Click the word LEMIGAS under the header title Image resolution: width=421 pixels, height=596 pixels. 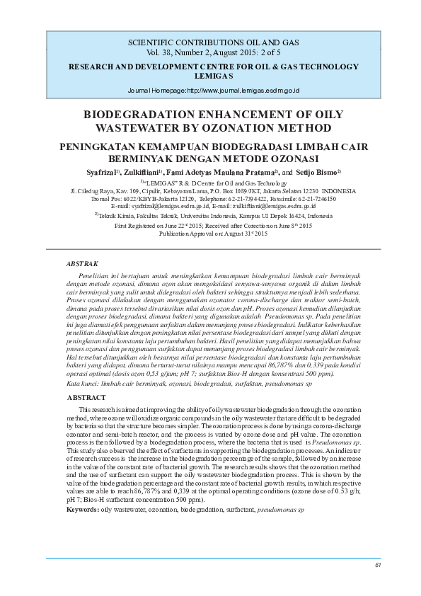[210, 75]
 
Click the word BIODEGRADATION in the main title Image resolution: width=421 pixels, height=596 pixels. [140, 115]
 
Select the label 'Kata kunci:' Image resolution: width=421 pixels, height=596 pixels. [81, 383]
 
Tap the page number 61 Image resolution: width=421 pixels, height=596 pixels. [378, 565]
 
